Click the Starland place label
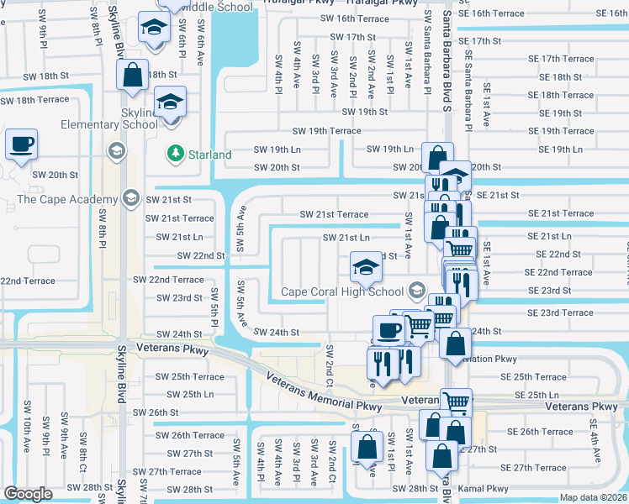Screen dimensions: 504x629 click(x=210, y=155)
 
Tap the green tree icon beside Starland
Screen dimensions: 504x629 click(x=175, y=154)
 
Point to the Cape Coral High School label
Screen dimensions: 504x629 click(x=342, y=291)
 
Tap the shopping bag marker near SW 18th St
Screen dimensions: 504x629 click(x=134, y=76)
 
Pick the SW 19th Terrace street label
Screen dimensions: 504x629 click(x=326, y=131)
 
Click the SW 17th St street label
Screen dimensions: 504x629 click(x=352, y=37)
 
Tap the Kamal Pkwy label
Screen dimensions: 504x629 click(x=486, y=488)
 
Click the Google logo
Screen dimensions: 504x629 click(x=28, y=494)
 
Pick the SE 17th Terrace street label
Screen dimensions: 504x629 click(x=557, y=59)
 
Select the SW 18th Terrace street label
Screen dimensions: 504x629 click(x=34, y=100)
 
